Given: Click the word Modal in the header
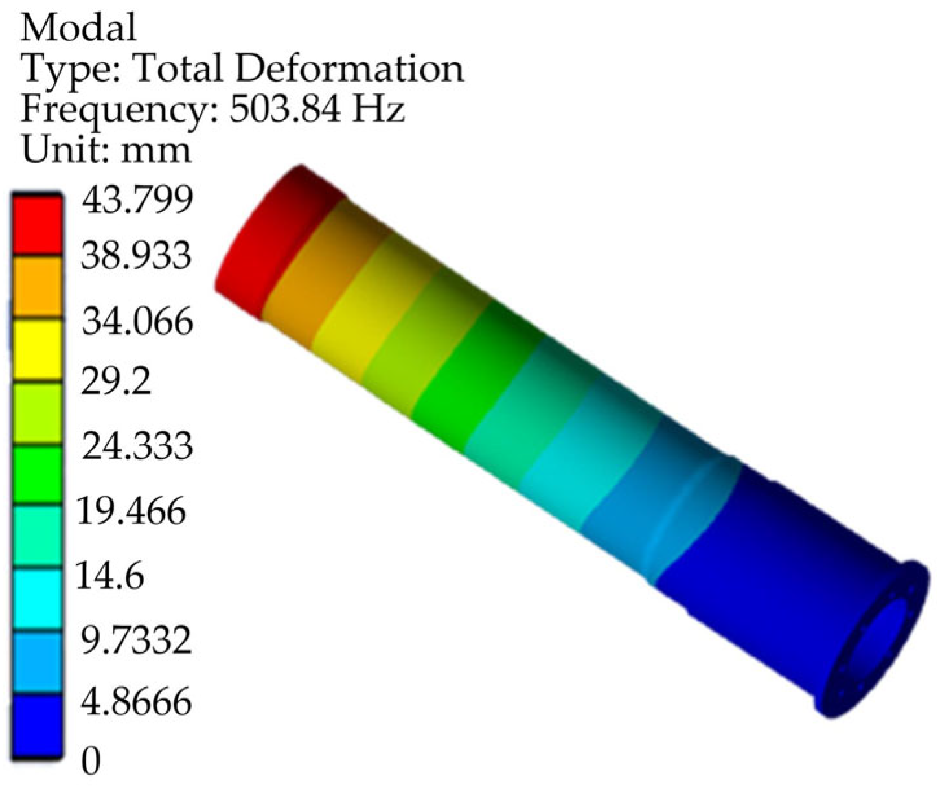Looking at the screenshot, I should pos(79,27).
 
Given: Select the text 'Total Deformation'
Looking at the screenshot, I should pos(297,68).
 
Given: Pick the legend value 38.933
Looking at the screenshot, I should pos(136,257).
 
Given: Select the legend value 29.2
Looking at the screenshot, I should pos(115,383).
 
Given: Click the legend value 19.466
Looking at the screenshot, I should pos(132,511).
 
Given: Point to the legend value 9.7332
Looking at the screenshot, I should pos(133,640).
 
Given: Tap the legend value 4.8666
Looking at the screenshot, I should pos(136,701).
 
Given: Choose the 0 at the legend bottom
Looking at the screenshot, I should pos(91,762).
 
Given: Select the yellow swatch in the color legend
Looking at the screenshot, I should pos(38,350).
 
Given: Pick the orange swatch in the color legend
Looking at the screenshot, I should pos(38,288).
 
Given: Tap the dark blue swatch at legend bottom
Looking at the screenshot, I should pos(38,725).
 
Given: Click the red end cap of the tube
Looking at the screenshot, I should pos(272,240).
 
